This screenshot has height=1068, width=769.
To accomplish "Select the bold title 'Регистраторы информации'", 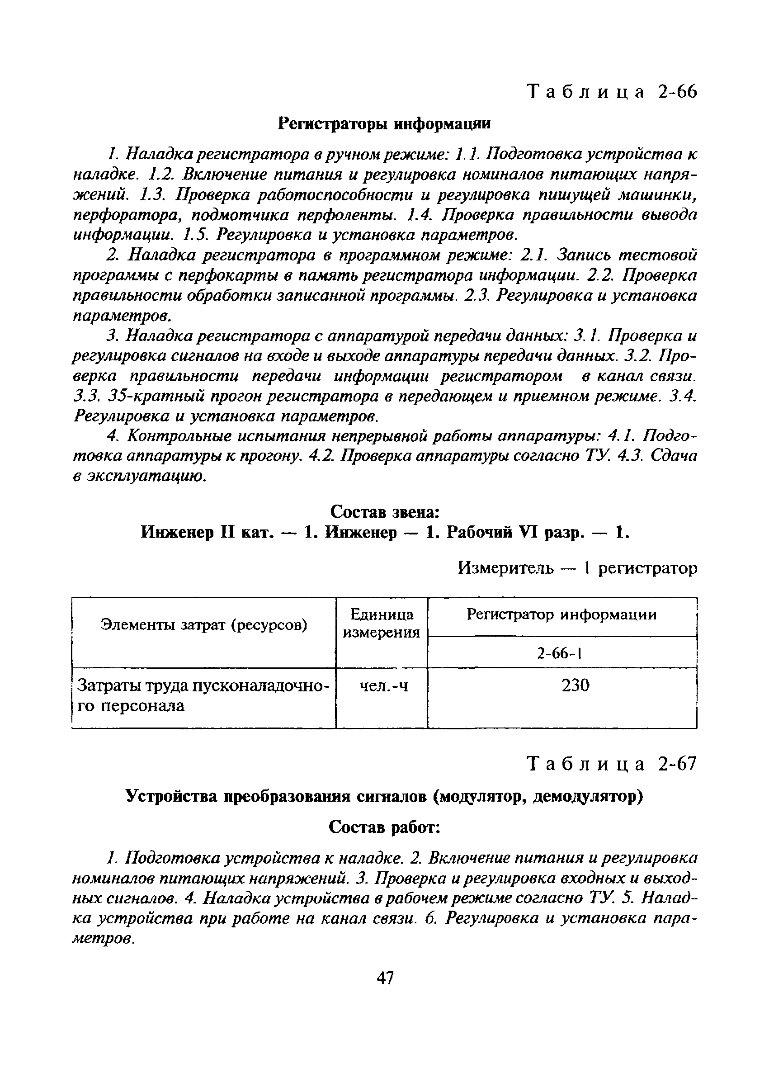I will (x=384, y=124).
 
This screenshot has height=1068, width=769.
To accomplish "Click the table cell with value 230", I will (x=576, y=685).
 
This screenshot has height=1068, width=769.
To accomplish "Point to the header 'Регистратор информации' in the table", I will (x=561, y=614).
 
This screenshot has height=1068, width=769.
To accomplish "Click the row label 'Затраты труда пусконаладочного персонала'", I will (x=203, y=695).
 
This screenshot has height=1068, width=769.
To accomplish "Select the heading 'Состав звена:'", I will (x=385, y=511).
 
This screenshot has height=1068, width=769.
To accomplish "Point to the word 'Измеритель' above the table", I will (x=506, y=569).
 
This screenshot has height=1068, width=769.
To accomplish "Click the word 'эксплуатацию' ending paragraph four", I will (x=147, y=477).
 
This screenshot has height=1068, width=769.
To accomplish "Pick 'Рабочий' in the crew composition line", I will (x=479, y=533).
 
